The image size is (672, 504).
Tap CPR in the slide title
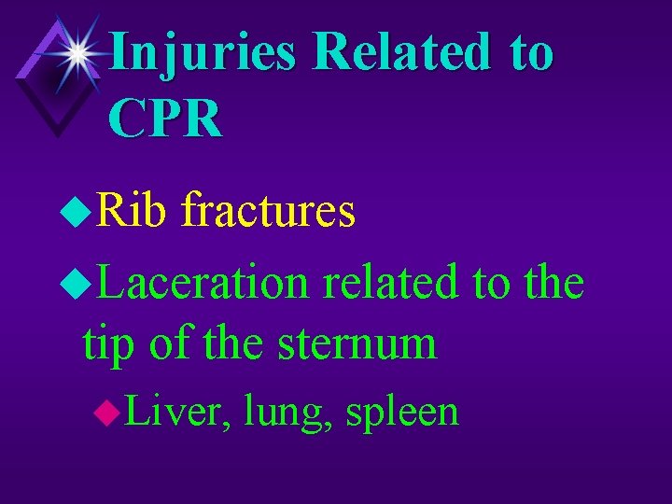click(x=165, y=119)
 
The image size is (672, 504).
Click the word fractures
click(x=269, y=211)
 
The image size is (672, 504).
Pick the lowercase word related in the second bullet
click(x=392, y=282)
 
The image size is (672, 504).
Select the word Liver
click(x=177, y=411)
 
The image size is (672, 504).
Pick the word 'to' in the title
click(x=532, y=52)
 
